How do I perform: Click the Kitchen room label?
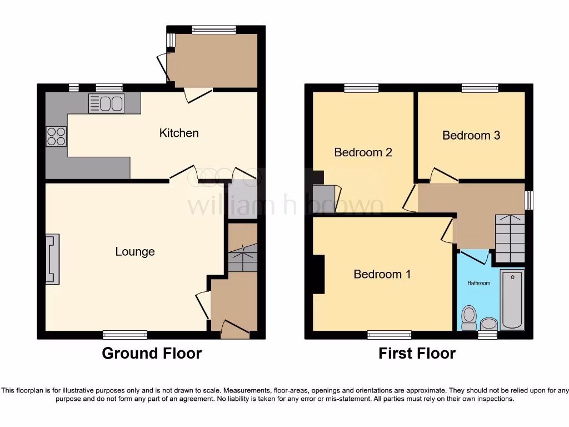(x=179, y=133)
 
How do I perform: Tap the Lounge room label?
(x=135, y=252)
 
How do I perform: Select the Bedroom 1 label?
(x=382, y=274)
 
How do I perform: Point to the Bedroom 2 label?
(x=362, y=152)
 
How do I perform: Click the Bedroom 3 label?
(x=471, y=135)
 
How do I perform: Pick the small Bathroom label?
(x=478, y=283)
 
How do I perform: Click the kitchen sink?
(x=106, y=104)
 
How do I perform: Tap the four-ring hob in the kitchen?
(x=56, y=136)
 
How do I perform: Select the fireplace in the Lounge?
(x=52, y=259)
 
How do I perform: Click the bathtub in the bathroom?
(x=512, y=299)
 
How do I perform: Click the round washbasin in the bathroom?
(x=488, y=324)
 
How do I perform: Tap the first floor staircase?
(x=510, y=239)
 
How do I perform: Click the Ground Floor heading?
(x=152, y=353)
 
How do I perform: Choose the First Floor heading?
(x=417, y=353)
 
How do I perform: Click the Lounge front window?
(x=125, y=334)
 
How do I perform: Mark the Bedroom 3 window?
(x=480, y=87)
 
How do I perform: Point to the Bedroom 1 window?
(x=389, y=334)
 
